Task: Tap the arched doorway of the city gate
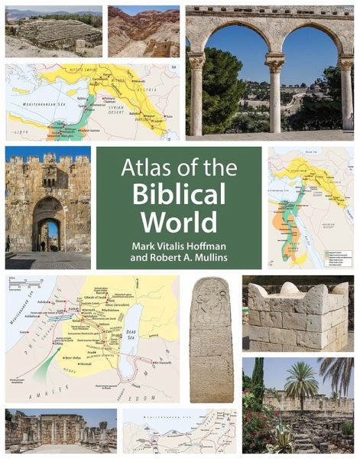click(x=49, y=229)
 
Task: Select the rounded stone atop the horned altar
click(x=290, y=288)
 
